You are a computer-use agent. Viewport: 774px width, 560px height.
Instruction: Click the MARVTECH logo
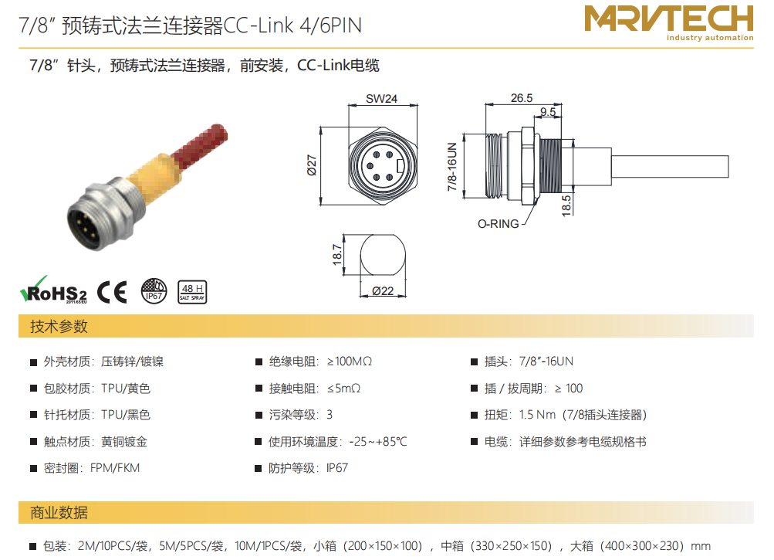[x=669, y=22]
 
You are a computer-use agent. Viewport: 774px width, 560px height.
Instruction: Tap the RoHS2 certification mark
[x=53, y=290]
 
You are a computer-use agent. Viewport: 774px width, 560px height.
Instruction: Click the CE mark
[x=112, y=292]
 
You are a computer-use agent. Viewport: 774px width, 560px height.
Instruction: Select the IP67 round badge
[x=154, y=290]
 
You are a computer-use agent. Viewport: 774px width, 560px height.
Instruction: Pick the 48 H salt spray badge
[x=192, y=292]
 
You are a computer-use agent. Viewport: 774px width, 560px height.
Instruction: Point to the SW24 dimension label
[x=381, y=98]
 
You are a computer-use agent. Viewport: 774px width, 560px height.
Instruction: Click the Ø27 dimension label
[x=312, y=165]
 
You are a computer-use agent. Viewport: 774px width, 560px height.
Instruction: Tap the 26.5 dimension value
[x=521, y=98]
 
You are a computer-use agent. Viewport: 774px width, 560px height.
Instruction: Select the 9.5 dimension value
[x=547, y=112]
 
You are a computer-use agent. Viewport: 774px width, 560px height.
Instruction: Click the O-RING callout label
[x=498, y=224]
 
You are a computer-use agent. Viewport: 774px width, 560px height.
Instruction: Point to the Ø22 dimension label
[x=383, y=291]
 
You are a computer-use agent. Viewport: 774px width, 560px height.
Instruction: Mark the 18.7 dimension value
[x=337, y=254]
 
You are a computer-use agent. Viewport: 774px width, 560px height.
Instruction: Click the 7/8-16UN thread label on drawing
[x=452, y=167]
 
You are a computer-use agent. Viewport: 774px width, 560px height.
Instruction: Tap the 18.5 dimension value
[x=566, y=205]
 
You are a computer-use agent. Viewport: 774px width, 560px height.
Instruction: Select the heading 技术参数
[x=59, y=326]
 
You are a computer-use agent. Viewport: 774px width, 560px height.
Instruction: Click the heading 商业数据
[x=59, y=513]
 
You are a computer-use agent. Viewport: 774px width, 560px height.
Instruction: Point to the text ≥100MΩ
[x=350, y=361]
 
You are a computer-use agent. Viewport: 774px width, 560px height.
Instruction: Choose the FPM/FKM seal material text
[x=115, y=467]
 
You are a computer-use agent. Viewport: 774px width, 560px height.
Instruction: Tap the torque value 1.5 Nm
[x=538, y=415]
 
